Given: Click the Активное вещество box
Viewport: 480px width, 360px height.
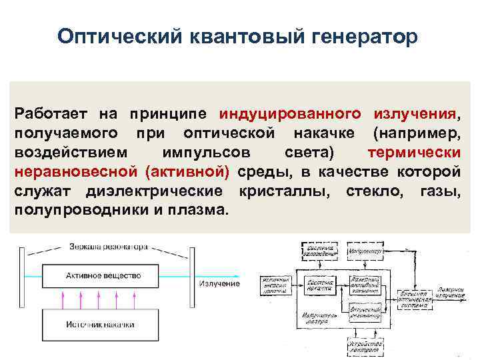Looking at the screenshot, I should tap(103, 275).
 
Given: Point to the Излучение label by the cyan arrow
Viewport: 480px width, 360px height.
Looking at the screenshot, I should tap(218, 284).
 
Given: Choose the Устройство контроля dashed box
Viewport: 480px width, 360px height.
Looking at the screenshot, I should tap(363, 346).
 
